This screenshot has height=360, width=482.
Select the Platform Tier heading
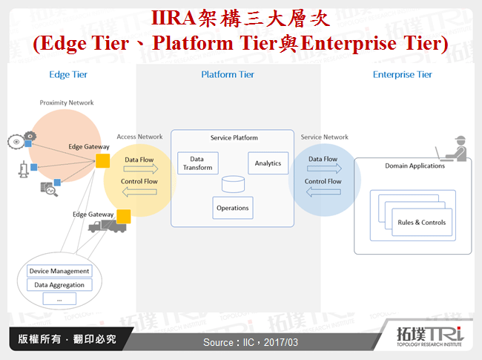click(x=228, y=74)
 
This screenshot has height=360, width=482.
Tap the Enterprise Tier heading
click(x=402, y=74)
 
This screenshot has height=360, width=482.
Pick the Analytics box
click(x=268, y=163)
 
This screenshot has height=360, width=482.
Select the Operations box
click(x=232, y=208)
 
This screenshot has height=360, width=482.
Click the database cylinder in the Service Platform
click(x=233, y=183)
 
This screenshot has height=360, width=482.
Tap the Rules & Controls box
click(x=422, y=223)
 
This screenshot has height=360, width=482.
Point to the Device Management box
click(x=59, y=271)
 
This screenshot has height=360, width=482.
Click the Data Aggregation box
click(x=59, y=285)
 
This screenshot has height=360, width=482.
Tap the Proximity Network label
click(x=67, y=102)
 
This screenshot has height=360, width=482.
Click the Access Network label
click(x=139, y=137)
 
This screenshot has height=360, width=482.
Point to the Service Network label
click(x=324, y=137)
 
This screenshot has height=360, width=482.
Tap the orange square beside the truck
click(x=124, y=216)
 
